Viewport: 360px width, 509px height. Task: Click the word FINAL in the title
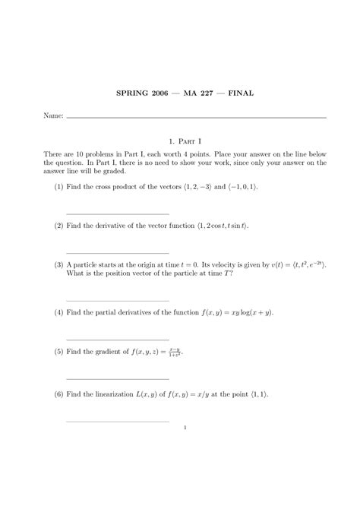pos(238,93)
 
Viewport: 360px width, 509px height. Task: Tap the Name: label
pos(53,117)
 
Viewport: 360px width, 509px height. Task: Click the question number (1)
pos(58,186)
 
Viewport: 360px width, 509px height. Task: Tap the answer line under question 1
pos(118,213)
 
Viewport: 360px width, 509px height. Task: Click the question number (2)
pos(58,226)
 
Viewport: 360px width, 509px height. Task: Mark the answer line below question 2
pos(118,252)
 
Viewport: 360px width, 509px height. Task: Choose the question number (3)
pos(58,265)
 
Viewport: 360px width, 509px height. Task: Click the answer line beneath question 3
pos(118,301)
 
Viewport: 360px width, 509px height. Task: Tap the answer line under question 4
pos(118,340)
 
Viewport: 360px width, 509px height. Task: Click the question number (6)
pos(58,395)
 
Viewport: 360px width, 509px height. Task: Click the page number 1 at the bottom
pos(185,427)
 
